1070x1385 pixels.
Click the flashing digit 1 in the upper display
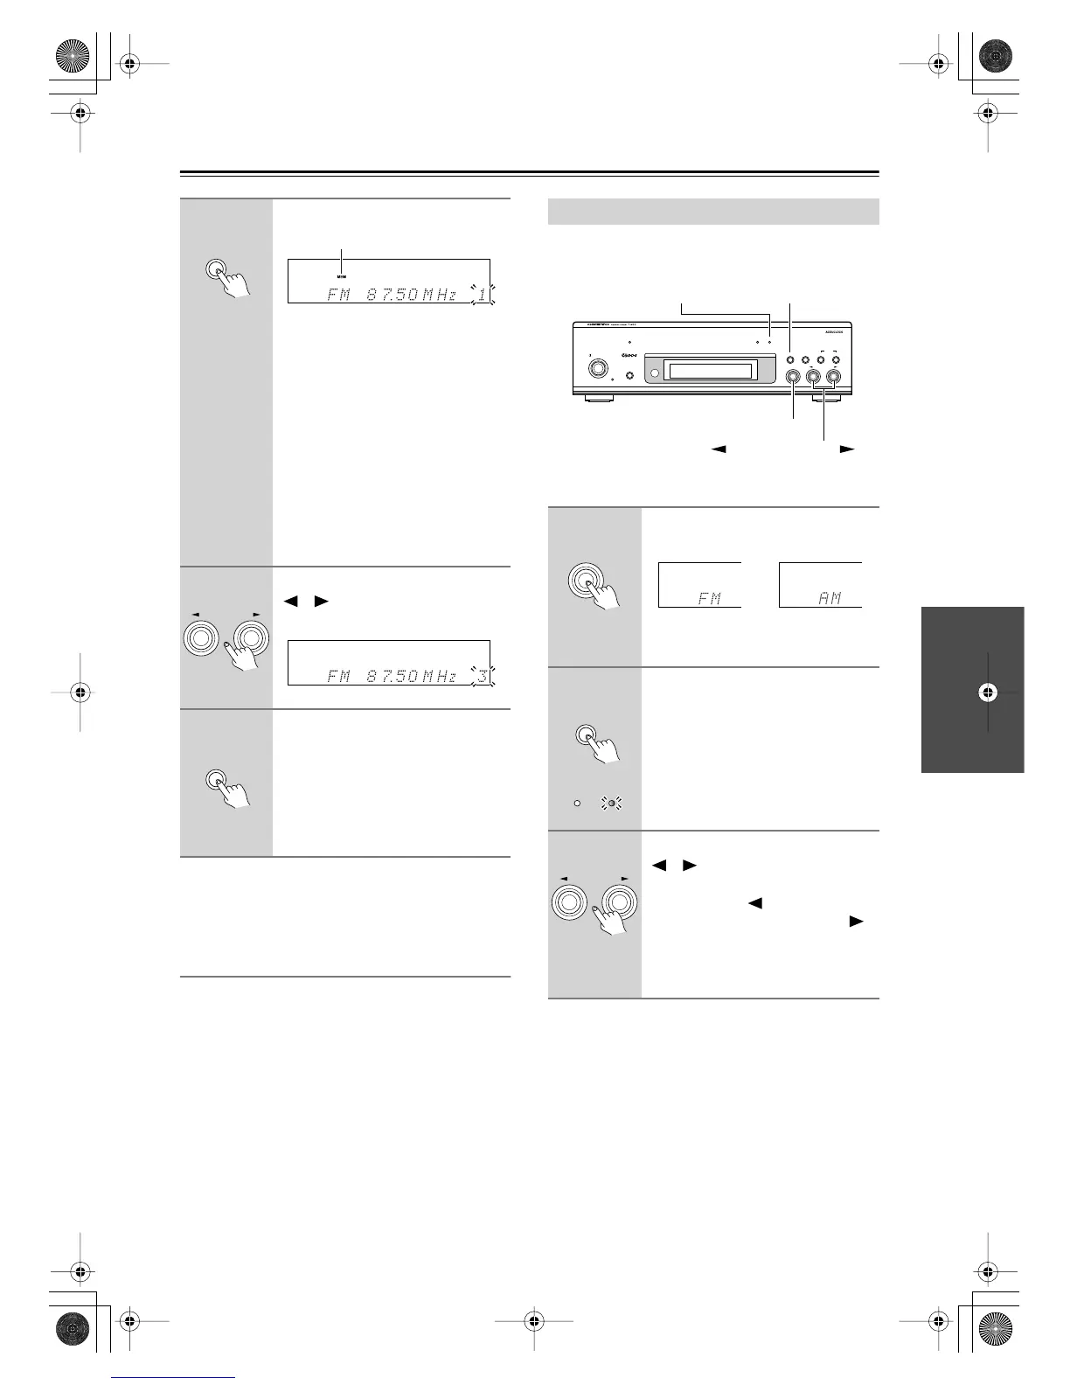[481, 295]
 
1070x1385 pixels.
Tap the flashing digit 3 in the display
[481, 675]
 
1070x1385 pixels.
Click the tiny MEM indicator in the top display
[342, 275]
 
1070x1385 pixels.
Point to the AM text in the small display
[830, 598]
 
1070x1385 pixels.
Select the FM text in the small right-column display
[709, 599]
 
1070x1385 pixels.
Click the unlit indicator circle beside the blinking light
[577, 802]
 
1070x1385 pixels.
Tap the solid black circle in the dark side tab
[987, 692]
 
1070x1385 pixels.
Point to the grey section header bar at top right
[712, 212]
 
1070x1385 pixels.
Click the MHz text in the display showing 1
[440, 295]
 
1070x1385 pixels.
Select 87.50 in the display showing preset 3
[391, 676]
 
